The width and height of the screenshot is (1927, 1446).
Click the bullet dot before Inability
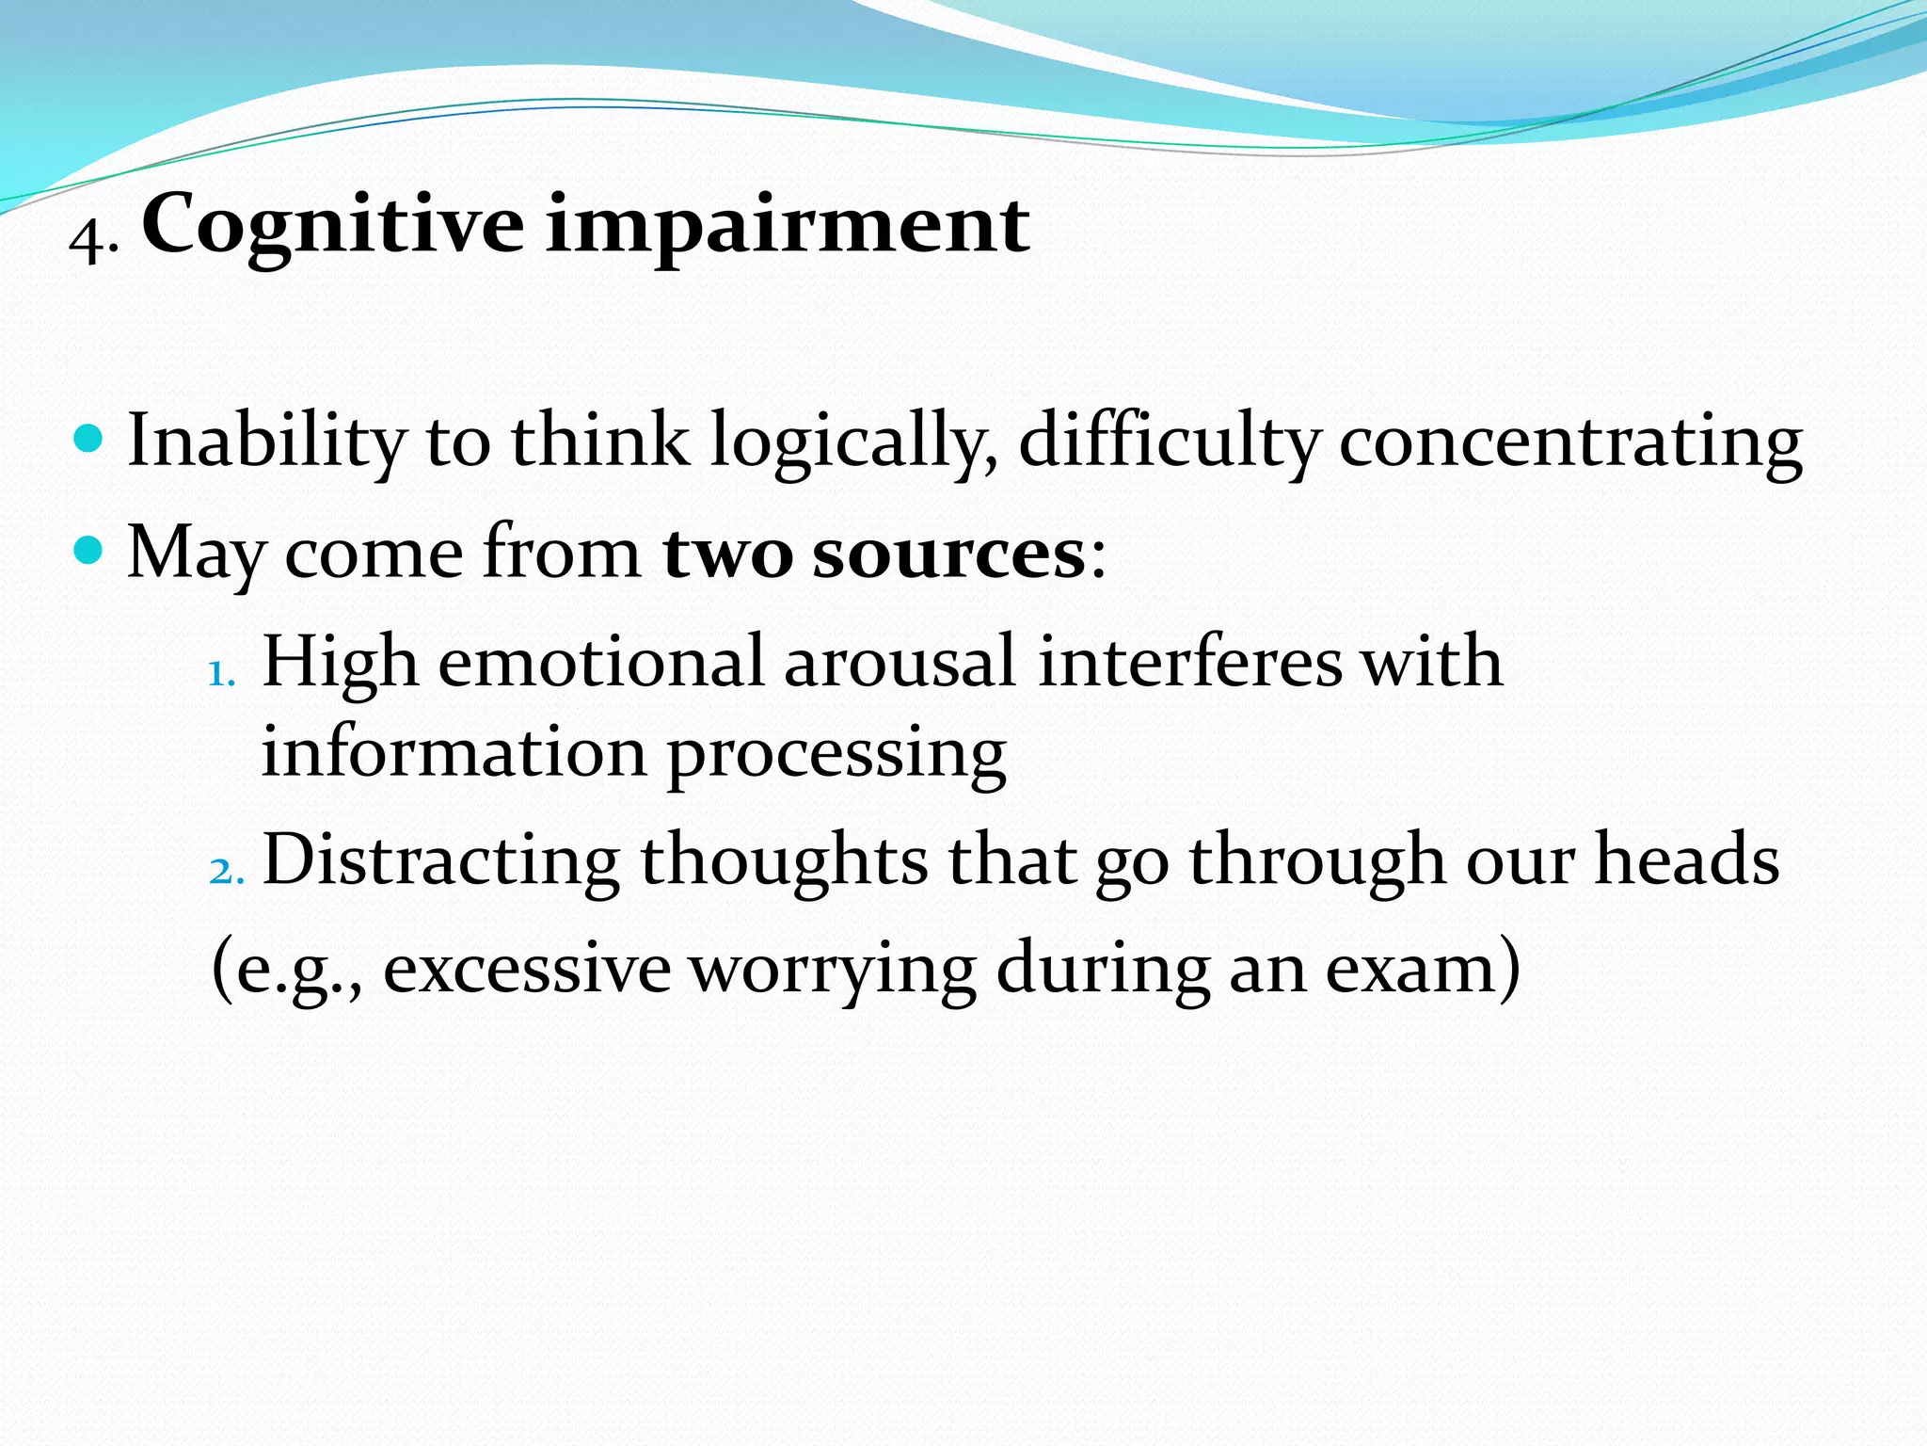88,438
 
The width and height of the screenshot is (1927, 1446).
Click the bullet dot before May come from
88,550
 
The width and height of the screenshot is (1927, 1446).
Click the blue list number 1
221,674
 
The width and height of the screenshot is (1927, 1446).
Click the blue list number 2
224,872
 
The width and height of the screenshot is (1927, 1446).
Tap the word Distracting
440,860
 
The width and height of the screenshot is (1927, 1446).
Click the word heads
1686,860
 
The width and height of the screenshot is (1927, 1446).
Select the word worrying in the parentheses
833,970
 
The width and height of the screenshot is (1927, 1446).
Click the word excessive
527,970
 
